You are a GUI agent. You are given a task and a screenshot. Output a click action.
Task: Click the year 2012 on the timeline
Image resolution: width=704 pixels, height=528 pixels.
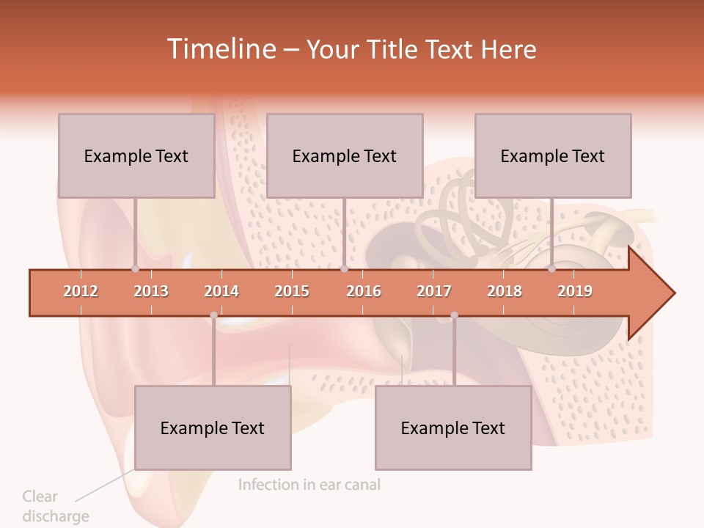pyautogui.click(x=81, y=291)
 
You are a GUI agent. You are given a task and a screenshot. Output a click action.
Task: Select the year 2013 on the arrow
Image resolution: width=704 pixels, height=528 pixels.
pyautogui.click(x=151, y=291)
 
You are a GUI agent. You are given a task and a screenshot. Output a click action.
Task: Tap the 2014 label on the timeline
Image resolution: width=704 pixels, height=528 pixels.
pyautogui.click(x=221, y=291)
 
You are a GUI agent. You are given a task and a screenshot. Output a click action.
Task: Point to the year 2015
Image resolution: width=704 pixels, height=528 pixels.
pyautogui.click(x=292, y=291)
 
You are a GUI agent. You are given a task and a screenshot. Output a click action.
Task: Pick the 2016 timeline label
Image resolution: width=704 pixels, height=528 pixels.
pyautogui.click(x=364, y=291)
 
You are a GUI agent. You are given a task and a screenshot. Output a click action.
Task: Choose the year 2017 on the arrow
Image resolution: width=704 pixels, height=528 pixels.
pyautogui.click(x=434, y=291)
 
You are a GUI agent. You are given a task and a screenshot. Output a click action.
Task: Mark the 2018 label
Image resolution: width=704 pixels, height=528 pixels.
pyautogui.click(x=505, y=291)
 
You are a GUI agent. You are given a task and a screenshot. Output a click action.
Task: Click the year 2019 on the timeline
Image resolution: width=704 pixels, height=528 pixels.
pyautogui.click(x=575, y=291)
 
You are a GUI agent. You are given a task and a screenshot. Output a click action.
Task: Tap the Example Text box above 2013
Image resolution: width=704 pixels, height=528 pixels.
pyautogui.click(x=136, y=155)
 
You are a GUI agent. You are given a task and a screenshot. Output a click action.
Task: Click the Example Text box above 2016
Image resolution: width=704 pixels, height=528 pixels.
pyautogui.click(x=345, y=155)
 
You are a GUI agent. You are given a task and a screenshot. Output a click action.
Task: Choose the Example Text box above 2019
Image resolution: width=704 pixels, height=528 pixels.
pyautogui.click(x=553, y=155)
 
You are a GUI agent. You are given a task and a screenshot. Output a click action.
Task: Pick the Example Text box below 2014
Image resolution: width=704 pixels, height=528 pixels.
pyautogui.click(x=213, y=428)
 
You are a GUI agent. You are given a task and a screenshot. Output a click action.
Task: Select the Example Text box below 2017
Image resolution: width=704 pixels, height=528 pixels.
pyautogui.click(x=453, y=428)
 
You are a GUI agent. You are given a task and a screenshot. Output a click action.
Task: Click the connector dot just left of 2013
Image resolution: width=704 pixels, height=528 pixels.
pyautogui.click(x=135, y=268)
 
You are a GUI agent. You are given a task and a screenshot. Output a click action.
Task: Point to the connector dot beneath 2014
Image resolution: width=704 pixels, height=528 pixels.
pyautogui.click(x=213, y=315)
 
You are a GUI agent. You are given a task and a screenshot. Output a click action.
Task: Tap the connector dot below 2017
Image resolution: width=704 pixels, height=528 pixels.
pyautogui.click(x=454, y=315)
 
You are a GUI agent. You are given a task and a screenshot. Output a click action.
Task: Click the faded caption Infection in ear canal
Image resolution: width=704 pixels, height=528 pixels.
pyautogui.click(x=309, y=485)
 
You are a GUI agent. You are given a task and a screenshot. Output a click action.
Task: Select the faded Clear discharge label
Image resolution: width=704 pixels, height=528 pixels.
pyautogui.click(x=55, y=506)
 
